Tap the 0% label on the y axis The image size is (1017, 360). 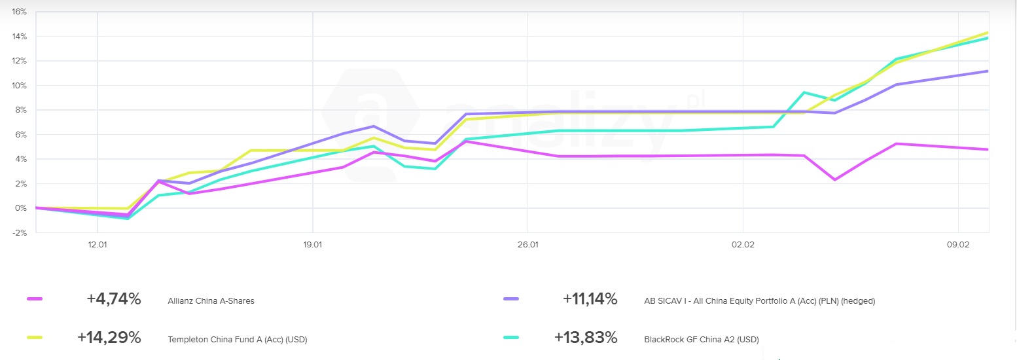(x=20, y=208)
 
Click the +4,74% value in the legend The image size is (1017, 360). (x=114, y=299)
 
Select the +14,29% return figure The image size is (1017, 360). (x=109, y=338)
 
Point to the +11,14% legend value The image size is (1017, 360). (x=590, y=299)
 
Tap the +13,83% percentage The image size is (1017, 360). (x=585, y=338)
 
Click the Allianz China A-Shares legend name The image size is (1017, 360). (x=211, y=301)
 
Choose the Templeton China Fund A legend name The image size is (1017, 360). (x=237, y=340)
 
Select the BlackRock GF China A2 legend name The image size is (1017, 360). (x=702, y=340)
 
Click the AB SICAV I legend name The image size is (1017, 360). (x=759, y=301)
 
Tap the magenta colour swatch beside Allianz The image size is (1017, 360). (x=35, y=299)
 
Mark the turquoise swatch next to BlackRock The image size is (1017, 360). (x=511, y=338)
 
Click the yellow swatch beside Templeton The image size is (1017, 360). (x=35, y=338)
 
